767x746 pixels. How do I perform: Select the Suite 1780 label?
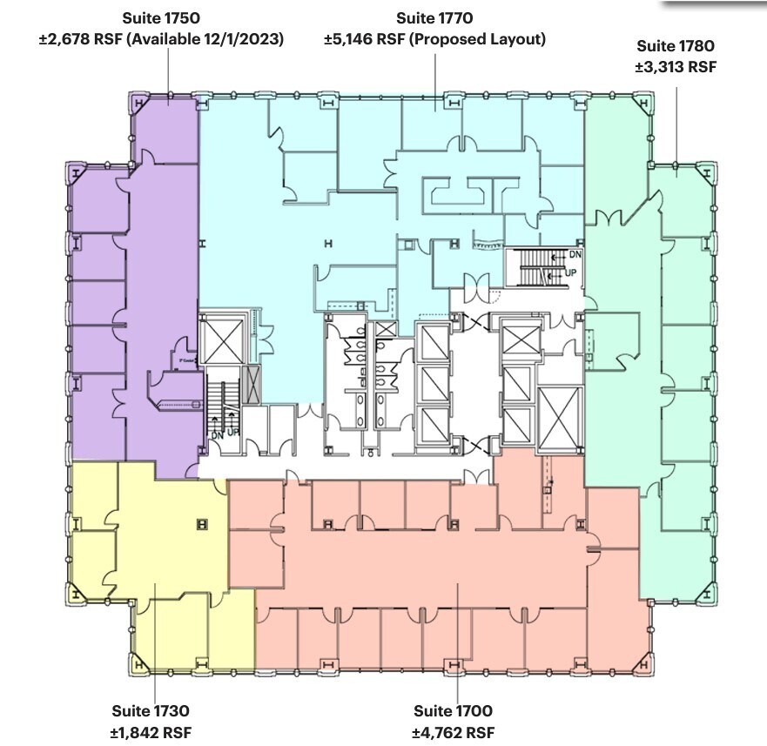(676, 46)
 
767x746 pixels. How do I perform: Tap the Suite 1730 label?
(151, 711)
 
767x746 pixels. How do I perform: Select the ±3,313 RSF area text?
(676, 67)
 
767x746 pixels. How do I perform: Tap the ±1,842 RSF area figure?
(151, 732)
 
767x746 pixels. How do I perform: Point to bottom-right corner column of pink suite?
(643, 666)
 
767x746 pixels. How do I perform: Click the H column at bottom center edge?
(453, 667)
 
